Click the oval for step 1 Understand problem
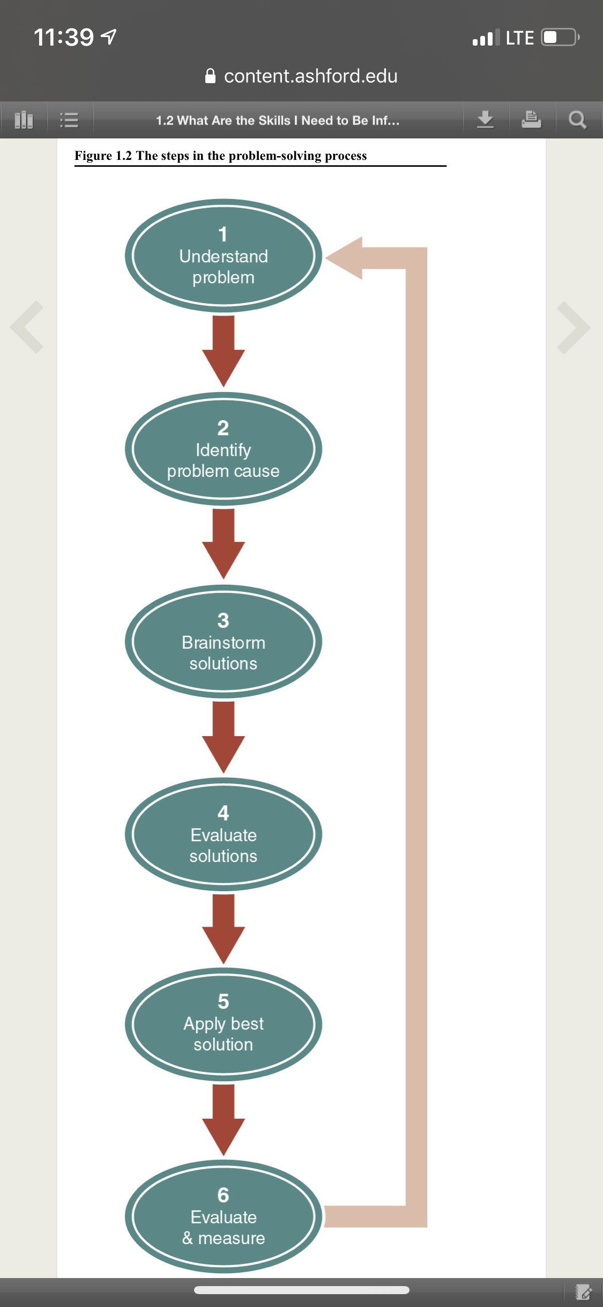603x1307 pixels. point(224,256)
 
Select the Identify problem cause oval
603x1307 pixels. point(224,449)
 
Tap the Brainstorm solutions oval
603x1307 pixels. point(224,642)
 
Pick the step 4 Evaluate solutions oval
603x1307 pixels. point(224,834)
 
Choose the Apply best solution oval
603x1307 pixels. point(224,1024)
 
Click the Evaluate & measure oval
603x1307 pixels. point(224,1217)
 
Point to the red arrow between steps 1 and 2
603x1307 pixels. point(224,351)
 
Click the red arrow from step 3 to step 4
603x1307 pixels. point(224,737)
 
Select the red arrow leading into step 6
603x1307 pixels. point(224,1120)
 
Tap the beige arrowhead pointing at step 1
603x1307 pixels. point(344,258)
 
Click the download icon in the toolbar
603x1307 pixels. point(485,119)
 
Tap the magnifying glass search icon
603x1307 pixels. point(577,120)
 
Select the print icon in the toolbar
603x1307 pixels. point(531,119)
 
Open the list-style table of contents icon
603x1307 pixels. point(69,120)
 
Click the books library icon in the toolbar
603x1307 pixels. point(24,120)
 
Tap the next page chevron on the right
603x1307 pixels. point(574,328)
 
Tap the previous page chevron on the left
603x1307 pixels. point(27,327)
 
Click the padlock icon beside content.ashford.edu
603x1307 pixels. point(211,76)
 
